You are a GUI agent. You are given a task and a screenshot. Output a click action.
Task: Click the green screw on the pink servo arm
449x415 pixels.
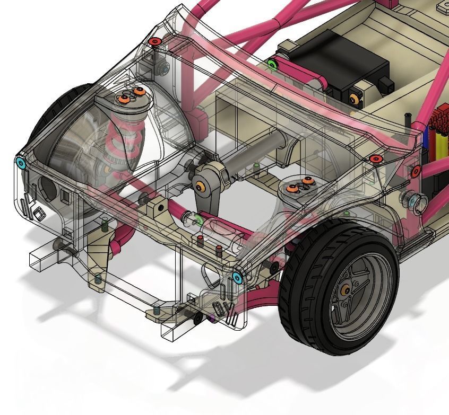click(273, 65)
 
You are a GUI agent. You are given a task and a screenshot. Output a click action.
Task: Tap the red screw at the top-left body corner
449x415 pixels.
click(154, 41)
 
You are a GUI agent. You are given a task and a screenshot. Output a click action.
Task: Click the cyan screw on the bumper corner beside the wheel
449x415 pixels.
click(238, 277)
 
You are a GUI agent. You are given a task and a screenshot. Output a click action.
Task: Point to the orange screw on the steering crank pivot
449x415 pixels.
click(200, 186)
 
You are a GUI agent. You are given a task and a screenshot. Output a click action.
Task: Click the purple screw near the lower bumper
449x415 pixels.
click(213, 319)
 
